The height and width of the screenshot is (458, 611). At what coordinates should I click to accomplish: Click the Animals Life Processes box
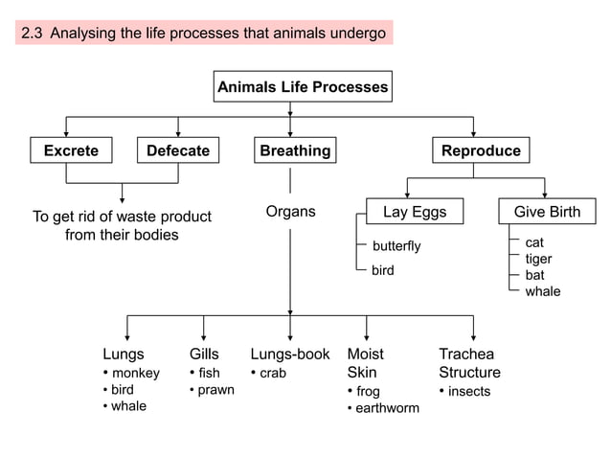[x=303, y=87]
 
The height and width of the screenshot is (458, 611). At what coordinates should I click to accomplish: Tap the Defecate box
[x=178, y=150]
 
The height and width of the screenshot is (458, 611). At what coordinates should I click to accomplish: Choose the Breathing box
[x=295, y=150]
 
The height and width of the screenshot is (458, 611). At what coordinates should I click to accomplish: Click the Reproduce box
[x=481, y=150]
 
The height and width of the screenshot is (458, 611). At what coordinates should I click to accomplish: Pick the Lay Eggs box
[x=414, y=212]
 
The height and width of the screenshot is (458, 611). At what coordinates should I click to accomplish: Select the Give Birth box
[x=547, y=212]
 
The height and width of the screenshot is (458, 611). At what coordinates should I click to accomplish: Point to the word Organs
[x=290, y=211]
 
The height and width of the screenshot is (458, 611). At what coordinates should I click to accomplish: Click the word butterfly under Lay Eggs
[x=396, y=246]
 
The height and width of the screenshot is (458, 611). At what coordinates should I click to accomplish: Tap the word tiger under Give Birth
[x=538, y=259]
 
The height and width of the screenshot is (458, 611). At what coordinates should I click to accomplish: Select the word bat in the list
[x=534, y=275]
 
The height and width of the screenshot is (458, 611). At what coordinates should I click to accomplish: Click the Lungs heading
[x=124, y=355]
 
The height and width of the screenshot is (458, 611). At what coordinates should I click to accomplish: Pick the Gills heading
[x=205, y=355]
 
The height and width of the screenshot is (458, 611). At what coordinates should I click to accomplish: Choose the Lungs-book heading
[x=289, y=355]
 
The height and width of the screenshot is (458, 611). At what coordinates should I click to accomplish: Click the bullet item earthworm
[x=387, y=409]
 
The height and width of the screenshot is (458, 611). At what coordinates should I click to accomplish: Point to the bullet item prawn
[x=215, y=390]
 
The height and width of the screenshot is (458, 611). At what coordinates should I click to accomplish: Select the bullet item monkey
[x=136, y=373]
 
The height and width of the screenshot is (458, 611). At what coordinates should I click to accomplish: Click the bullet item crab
[x=273, y=373]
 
